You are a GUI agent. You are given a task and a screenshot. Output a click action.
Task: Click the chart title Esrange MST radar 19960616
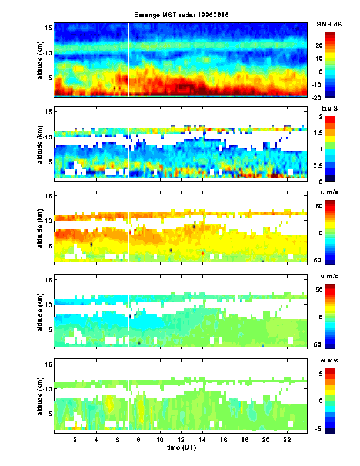[179, 15]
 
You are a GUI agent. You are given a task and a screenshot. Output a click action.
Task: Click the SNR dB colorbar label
[328, 24]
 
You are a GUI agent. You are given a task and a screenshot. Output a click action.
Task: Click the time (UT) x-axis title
[180, 448]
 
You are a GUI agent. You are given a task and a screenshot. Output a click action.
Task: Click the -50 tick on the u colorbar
[334, 259]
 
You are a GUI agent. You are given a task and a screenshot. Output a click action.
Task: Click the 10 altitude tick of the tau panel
[49, 136]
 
